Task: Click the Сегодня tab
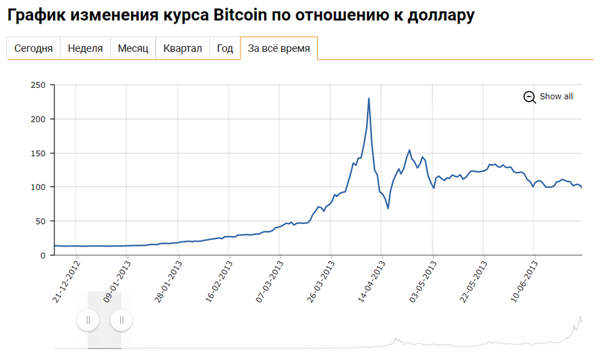tap(34, 48)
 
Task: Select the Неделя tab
tap(86, 48)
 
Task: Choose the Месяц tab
tap(133, 48)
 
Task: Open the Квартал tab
tap(182, 48)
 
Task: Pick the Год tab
tap(225, 48)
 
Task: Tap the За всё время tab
tap(278, 48)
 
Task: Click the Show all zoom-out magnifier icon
tap(530, 97)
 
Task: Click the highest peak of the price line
tap(369, 98)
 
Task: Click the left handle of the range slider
tap(88, 320)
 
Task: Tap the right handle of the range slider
tap(122, 320)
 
